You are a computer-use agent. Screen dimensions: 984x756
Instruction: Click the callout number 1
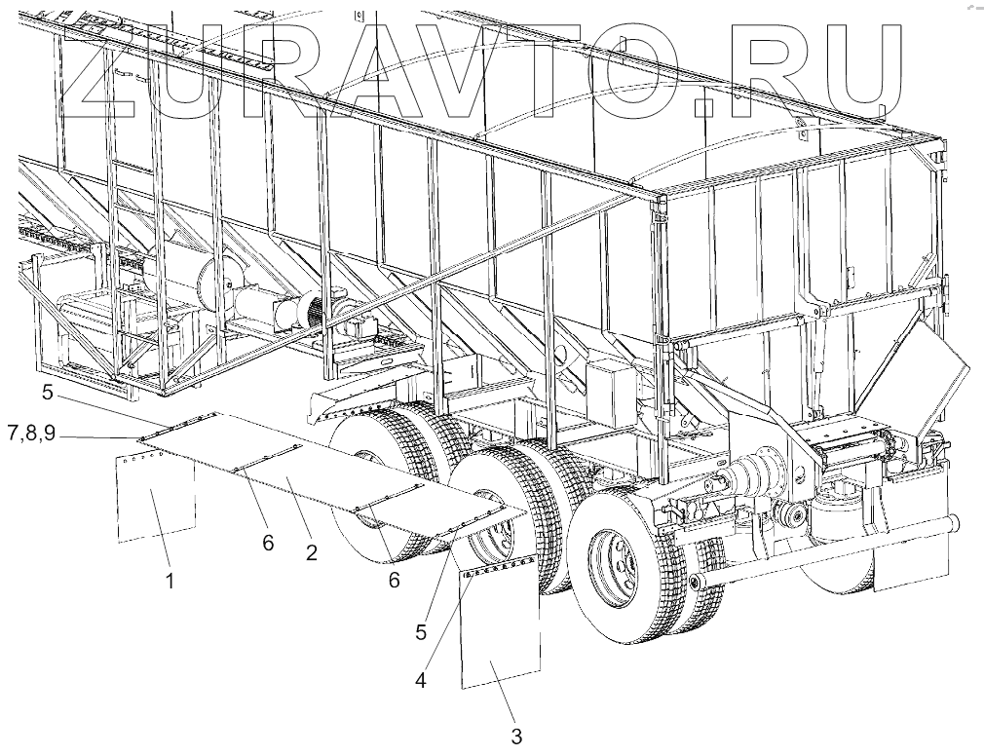[170, 583]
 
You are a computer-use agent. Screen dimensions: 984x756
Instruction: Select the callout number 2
[311, 552]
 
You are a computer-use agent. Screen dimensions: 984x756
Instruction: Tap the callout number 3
[515, 730]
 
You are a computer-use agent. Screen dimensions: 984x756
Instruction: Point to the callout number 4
[421, 679]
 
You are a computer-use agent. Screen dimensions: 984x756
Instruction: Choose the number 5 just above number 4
[421, 631]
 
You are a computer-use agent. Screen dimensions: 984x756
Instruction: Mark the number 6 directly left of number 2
[268, 543]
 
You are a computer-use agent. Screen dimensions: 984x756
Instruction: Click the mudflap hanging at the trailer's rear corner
[911, 555]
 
